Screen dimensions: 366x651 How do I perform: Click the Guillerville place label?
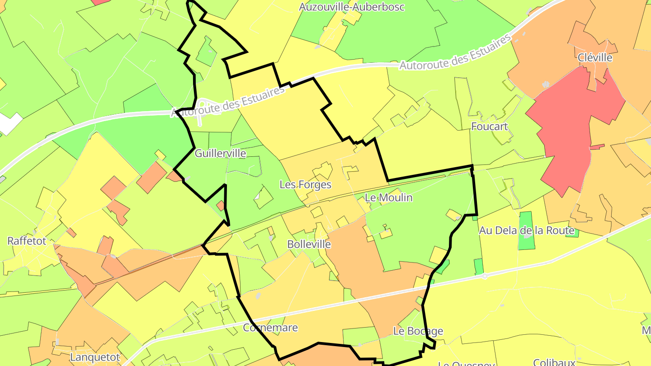[220, 153]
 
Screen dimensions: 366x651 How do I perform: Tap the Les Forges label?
[305, 184]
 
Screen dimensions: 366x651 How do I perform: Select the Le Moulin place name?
[382, 197]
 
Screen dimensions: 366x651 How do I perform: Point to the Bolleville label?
[309, 244]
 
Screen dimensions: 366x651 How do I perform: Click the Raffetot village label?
[27, 241]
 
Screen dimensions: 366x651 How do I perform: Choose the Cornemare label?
[270, 328]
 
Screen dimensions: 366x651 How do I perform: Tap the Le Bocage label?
[418, 331]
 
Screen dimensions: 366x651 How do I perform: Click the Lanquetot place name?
[95, 357]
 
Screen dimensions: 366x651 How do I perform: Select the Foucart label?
[490, 126]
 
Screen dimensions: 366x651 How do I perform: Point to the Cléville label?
[595, 57]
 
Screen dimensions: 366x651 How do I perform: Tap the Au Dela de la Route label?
[526, 230]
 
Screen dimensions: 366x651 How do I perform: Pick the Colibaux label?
[554, 362]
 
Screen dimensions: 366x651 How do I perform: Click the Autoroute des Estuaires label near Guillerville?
[228, 102]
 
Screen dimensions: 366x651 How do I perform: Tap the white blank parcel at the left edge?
[9, 123]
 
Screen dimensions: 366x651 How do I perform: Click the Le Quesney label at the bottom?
[467, 363]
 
